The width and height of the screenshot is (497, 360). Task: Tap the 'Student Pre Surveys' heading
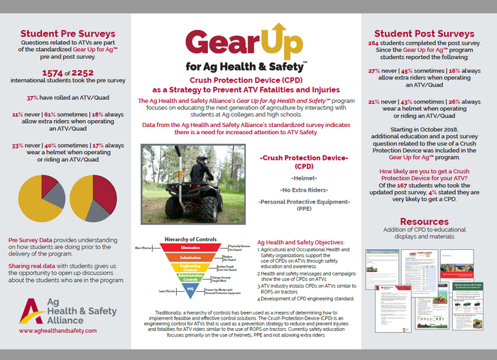coord(67,33)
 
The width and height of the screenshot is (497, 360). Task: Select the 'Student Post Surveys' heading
coord(425,33)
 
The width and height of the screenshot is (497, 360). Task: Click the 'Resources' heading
coord(425,222)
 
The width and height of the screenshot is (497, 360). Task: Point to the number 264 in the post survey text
coord(373,42)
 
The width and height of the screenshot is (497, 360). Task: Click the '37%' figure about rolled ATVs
coord(33,97)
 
